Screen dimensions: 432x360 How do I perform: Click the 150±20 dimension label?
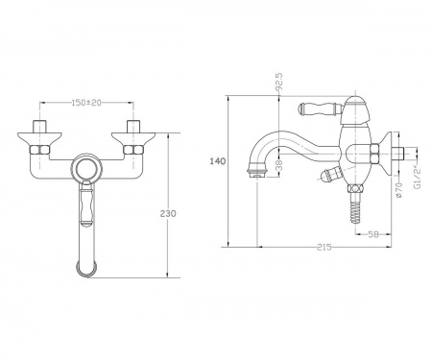click(x=86, y=103)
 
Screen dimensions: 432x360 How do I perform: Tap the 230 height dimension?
click(x=168, y=213)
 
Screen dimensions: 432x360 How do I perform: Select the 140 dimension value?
click(x=218, y=161)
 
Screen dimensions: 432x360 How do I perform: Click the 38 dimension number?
click(x=279, y=165)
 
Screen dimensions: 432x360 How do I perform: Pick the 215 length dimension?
click(x=324, y=248)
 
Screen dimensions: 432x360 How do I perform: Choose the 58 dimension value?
click(x=373, y=234)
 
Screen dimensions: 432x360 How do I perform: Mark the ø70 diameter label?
click(x=398, y=190)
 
